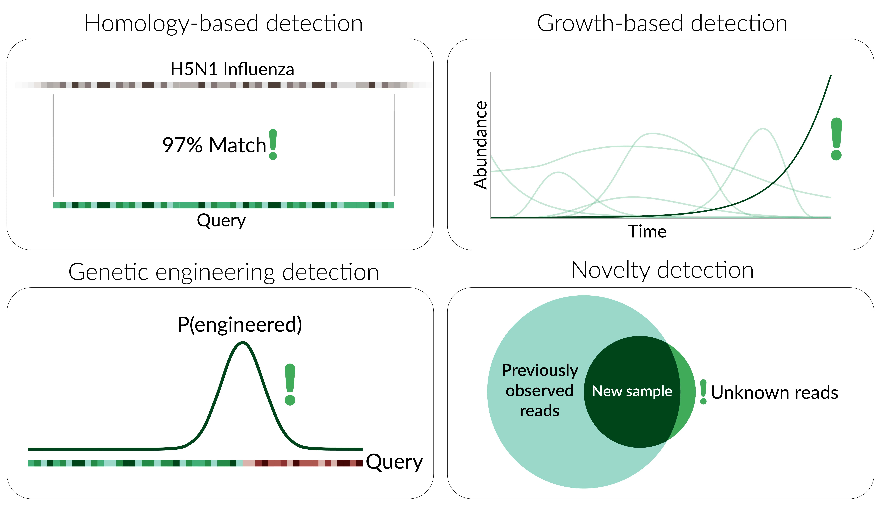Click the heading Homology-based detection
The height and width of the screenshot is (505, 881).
pos(224,24)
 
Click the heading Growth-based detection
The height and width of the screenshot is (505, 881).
pos(662,24)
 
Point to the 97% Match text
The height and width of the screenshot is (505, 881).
pos(214,145)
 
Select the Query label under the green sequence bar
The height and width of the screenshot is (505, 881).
pos(221,221)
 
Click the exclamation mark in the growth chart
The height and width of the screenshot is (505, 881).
pos(836,139)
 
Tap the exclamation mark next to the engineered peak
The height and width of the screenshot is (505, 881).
pos(290,384)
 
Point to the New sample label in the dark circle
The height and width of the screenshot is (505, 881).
pos(632,391)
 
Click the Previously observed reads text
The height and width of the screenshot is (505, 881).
pos(540,391)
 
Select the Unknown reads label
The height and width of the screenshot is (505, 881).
pos(774,393)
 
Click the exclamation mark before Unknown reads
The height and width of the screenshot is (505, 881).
pos(703,392)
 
